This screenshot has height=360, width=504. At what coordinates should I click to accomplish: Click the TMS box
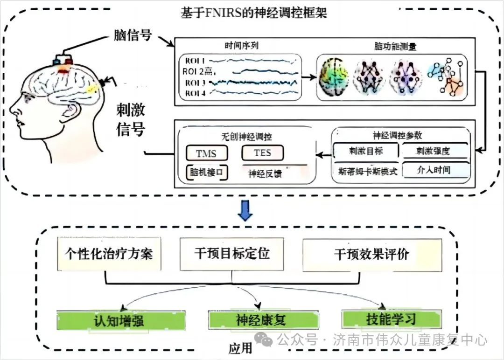click(201, 153)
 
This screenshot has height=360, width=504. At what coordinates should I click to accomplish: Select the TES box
click(262, 152)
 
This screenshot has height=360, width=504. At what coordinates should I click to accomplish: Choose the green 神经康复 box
click(260, 320)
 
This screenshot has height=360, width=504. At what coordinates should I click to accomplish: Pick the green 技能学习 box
click(391, 319)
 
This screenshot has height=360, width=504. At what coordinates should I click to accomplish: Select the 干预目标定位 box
click(231, 254)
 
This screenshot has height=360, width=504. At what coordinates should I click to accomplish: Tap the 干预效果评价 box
click(371, 255)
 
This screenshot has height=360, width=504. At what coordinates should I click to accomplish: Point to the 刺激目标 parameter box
click(366, 151)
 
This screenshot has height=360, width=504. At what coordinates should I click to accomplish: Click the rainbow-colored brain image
click(334, 77)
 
